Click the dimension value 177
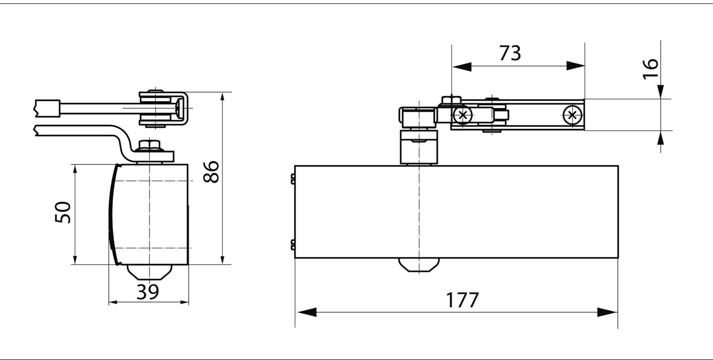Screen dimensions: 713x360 462,300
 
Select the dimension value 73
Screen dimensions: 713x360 510,53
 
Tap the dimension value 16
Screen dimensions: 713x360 650,69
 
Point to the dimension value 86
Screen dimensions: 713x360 211,172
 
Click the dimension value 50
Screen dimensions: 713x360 63,212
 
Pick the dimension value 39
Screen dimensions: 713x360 148,292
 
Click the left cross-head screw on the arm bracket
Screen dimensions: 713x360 463,115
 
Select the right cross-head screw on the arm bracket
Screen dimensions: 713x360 572,115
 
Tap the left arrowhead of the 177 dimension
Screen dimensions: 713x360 307,312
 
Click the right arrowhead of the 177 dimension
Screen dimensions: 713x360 607,312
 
